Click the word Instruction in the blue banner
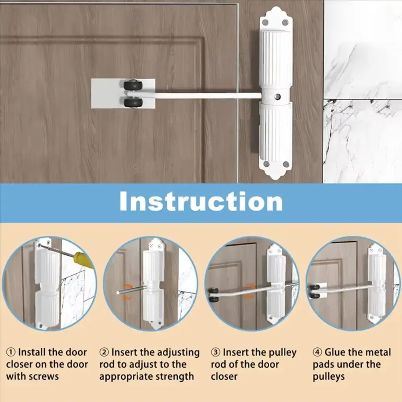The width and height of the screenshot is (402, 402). (x=201, y=202)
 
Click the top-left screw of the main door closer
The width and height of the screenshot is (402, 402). (x=266, y=23)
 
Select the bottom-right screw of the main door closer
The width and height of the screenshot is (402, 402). (x=286, y=164)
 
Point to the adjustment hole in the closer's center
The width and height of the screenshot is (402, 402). (x=277, y=97)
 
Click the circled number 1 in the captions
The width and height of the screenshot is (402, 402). (x=11, y=353)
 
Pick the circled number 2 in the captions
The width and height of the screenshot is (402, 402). (x=104, y=353)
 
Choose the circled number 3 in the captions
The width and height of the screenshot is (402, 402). (x=216, y=353)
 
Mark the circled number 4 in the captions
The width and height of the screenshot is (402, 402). (x=318, y=353)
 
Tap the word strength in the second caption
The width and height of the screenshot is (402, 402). (x=176, y=377)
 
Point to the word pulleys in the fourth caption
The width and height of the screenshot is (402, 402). (x=329, y=377)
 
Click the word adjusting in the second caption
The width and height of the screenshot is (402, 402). (x=176, y=353)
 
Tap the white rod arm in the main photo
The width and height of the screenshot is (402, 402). (x=201, y=96)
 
